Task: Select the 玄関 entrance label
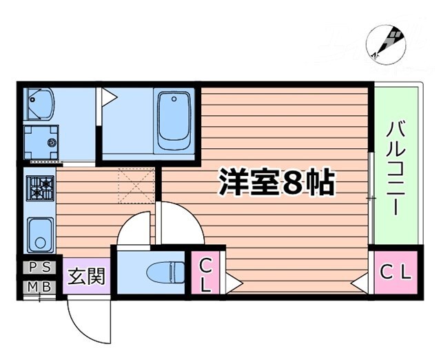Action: [87, 277]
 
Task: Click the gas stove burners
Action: [39, 186]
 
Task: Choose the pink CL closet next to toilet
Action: [205, 273]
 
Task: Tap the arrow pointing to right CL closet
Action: [359, 282]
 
